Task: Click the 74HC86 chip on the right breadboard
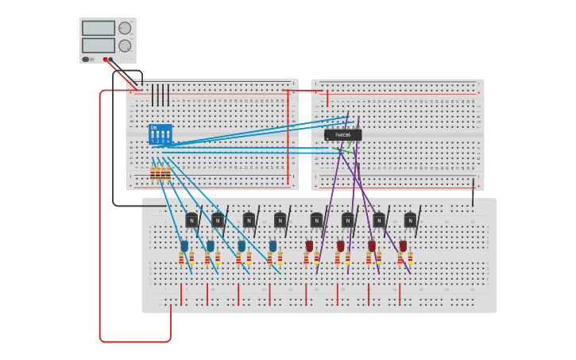point(342,135)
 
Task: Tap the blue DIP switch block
point(160,134)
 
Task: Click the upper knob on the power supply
point(125,28)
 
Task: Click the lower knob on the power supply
point(125,45)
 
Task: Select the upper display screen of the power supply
point(99,28)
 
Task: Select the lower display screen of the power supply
point(99,45)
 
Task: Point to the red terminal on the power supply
point(105,59)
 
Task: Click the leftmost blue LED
point(184,246)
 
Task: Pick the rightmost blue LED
point(273,246)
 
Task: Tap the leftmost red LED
point(309,246)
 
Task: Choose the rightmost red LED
point(403,246)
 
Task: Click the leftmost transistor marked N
point(191,220)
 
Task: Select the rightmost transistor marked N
point(410,220)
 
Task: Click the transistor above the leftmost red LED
point(316,220)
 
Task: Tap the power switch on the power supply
point(85,59)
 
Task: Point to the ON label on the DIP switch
point(153,127)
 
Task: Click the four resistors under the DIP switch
point(160,173)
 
